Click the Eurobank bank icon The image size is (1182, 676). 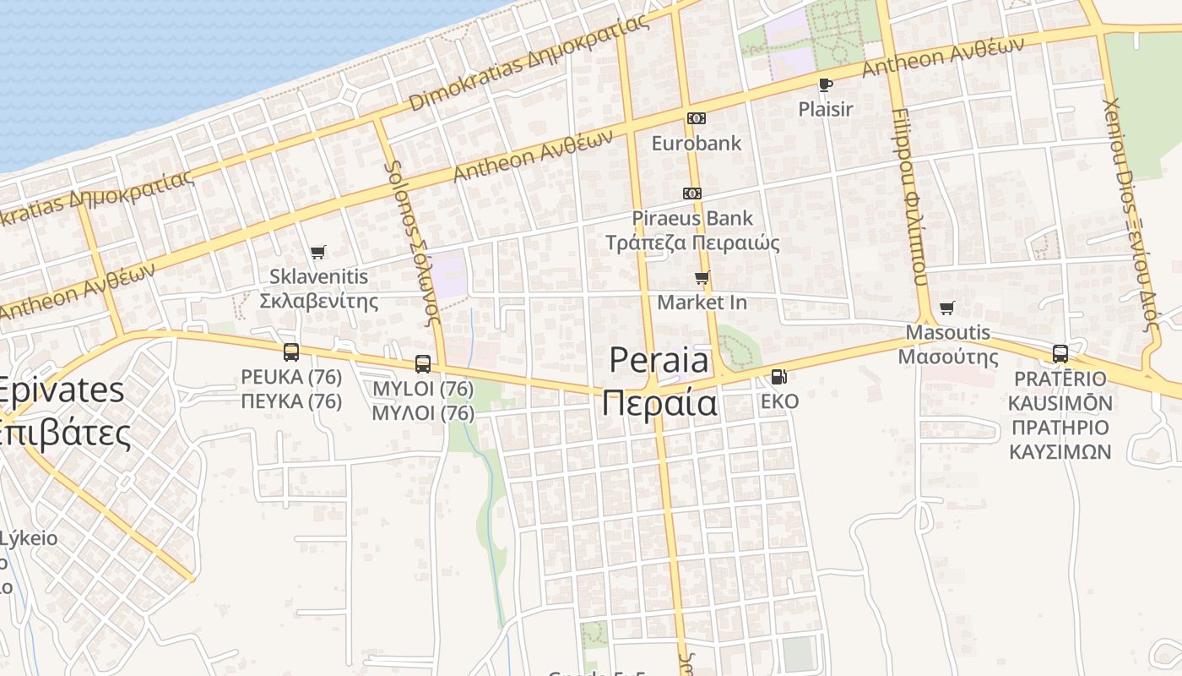tap(696, 118)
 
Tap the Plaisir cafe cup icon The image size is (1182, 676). tap(825, 84)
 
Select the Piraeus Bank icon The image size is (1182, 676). tap(692, 194)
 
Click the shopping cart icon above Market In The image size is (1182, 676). tap(702, 277)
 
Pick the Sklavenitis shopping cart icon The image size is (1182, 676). tap(317, 252)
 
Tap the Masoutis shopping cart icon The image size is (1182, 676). tap(946, 308)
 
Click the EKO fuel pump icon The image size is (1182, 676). tap(778, 377)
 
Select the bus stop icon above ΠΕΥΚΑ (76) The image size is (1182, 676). tap(291, 352)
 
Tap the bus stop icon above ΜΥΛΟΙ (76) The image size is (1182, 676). tap(423, 364)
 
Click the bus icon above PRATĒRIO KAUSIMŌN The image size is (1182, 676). tap(1060, 354)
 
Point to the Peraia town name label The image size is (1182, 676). tap(659, 361)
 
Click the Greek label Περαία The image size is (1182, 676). tap(659, 403)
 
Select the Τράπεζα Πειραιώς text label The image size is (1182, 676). tap(692, 243)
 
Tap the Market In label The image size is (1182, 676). tap(702, 302)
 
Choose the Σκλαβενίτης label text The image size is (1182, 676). tap(318, 301)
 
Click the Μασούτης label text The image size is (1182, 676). tap(947, 357)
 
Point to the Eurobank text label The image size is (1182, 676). tap(696, 143)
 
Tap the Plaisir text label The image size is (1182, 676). tap(826, 109)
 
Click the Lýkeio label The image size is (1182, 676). tap(29, 538)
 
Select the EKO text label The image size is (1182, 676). tap(779, 401)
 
